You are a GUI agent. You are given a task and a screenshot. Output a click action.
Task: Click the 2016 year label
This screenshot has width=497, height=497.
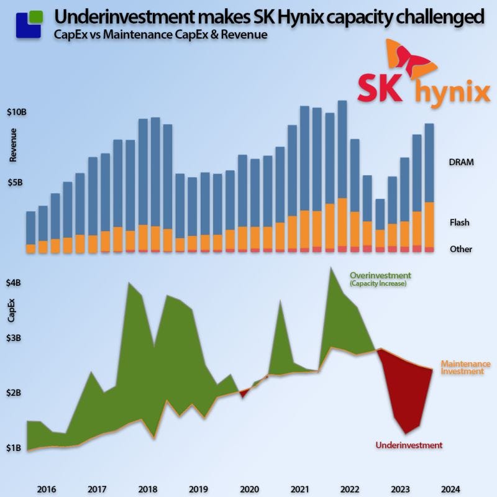[47, 488]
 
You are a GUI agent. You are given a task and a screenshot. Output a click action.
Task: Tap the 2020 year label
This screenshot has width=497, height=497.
[248, 488]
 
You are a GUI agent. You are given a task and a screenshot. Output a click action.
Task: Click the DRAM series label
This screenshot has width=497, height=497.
[461, 162]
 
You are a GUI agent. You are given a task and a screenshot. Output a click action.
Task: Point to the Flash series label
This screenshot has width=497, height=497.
[459, 222]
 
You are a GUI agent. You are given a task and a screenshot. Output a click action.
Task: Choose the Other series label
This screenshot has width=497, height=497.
[460, 249]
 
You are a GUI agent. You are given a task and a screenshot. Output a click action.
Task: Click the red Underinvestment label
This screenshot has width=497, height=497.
[409, 445]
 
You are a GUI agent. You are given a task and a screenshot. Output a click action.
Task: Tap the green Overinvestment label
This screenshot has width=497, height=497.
[380, 275]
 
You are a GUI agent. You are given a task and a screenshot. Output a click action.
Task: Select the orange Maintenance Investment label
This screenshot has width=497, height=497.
[465, 367]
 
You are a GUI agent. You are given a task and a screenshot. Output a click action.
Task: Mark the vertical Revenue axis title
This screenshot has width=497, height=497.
[13, 145]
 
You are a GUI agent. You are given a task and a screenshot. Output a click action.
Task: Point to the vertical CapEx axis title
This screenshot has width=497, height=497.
[12, 311]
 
